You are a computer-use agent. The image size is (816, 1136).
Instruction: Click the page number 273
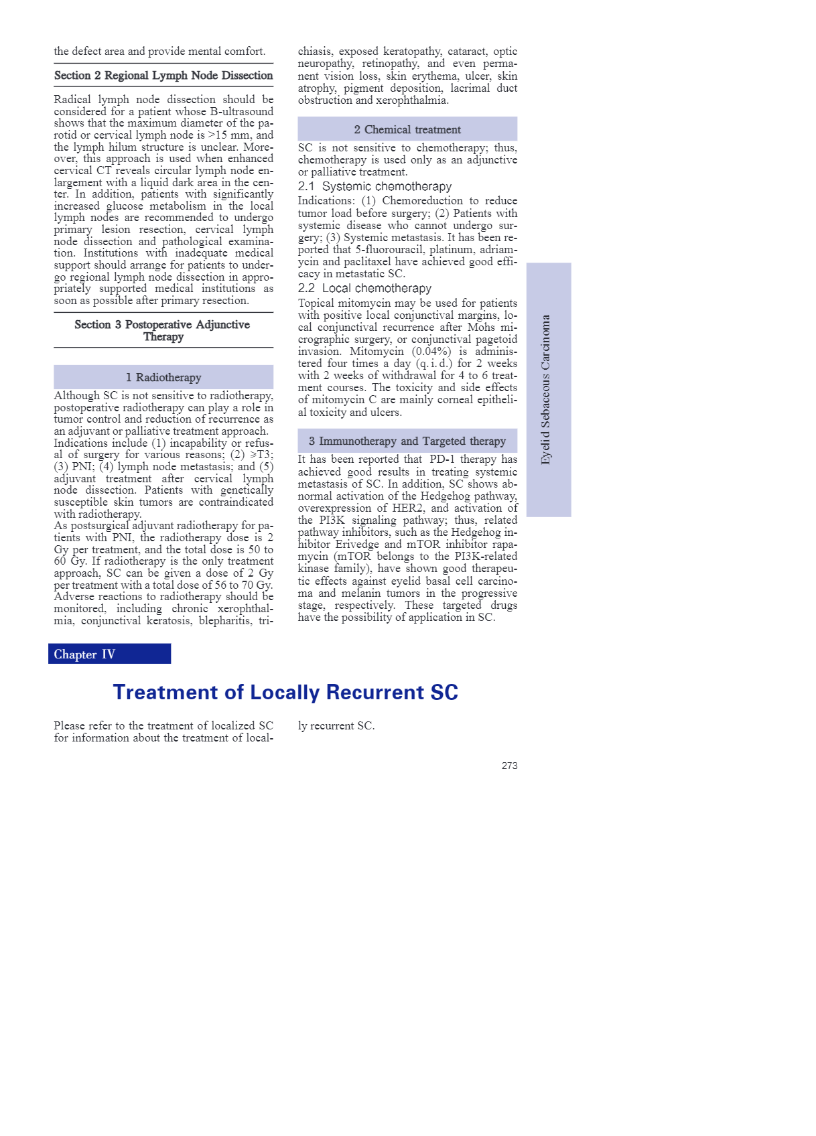click(x=509, y=766)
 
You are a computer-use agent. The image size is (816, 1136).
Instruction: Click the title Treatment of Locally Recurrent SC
click(x=285, y=693)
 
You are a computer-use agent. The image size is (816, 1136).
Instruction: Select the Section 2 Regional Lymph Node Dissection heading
click(x=163, y=76)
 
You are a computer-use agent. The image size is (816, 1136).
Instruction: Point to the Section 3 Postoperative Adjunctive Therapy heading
click(x=163, y=330)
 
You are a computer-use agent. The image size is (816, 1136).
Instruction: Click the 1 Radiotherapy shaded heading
click(x=163, y=378)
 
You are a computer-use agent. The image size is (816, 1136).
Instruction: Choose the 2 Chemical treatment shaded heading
click(x=407, y=130)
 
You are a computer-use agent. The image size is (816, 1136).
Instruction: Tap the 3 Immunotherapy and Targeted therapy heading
click(x=407, y=441)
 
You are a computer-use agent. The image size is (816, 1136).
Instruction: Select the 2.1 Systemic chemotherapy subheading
click(x=375, y=186)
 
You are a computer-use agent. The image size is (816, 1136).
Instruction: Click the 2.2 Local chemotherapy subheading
click(x=364, y=288)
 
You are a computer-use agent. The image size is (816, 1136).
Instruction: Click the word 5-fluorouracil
click(x=389, y=250)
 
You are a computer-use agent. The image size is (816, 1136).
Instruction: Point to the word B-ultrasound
click(x=242, y=112)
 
